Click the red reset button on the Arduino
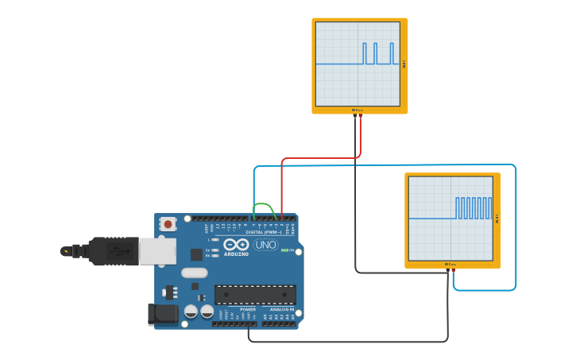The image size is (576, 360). [x=168, y=224]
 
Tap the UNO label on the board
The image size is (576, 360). [x=265, y=245]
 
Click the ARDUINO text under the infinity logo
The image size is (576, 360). [x=236, y=254]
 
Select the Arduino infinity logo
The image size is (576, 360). [x=236, y=245]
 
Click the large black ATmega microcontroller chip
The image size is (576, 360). [x=255, y=295]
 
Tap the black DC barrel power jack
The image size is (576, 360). [x=163, y=314]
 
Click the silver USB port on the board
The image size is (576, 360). [x=157, y=251]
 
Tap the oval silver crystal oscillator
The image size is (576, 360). [x=194, y=273]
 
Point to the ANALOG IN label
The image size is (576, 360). [x=281, y=309]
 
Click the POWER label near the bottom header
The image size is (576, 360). [x=248, y=309]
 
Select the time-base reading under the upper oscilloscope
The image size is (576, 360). [x=358, y=110]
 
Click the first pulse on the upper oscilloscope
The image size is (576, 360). [x=365, y=53]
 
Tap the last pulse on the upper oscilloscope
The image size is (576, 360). [x=392, y=53]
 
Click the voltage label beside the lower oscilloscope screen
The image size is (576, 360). [x=497, y=219]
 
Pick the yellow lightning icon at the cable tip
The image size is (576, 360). [x=64, y=251]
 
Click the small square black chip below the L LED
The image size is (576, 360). [x=196, y=254]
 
